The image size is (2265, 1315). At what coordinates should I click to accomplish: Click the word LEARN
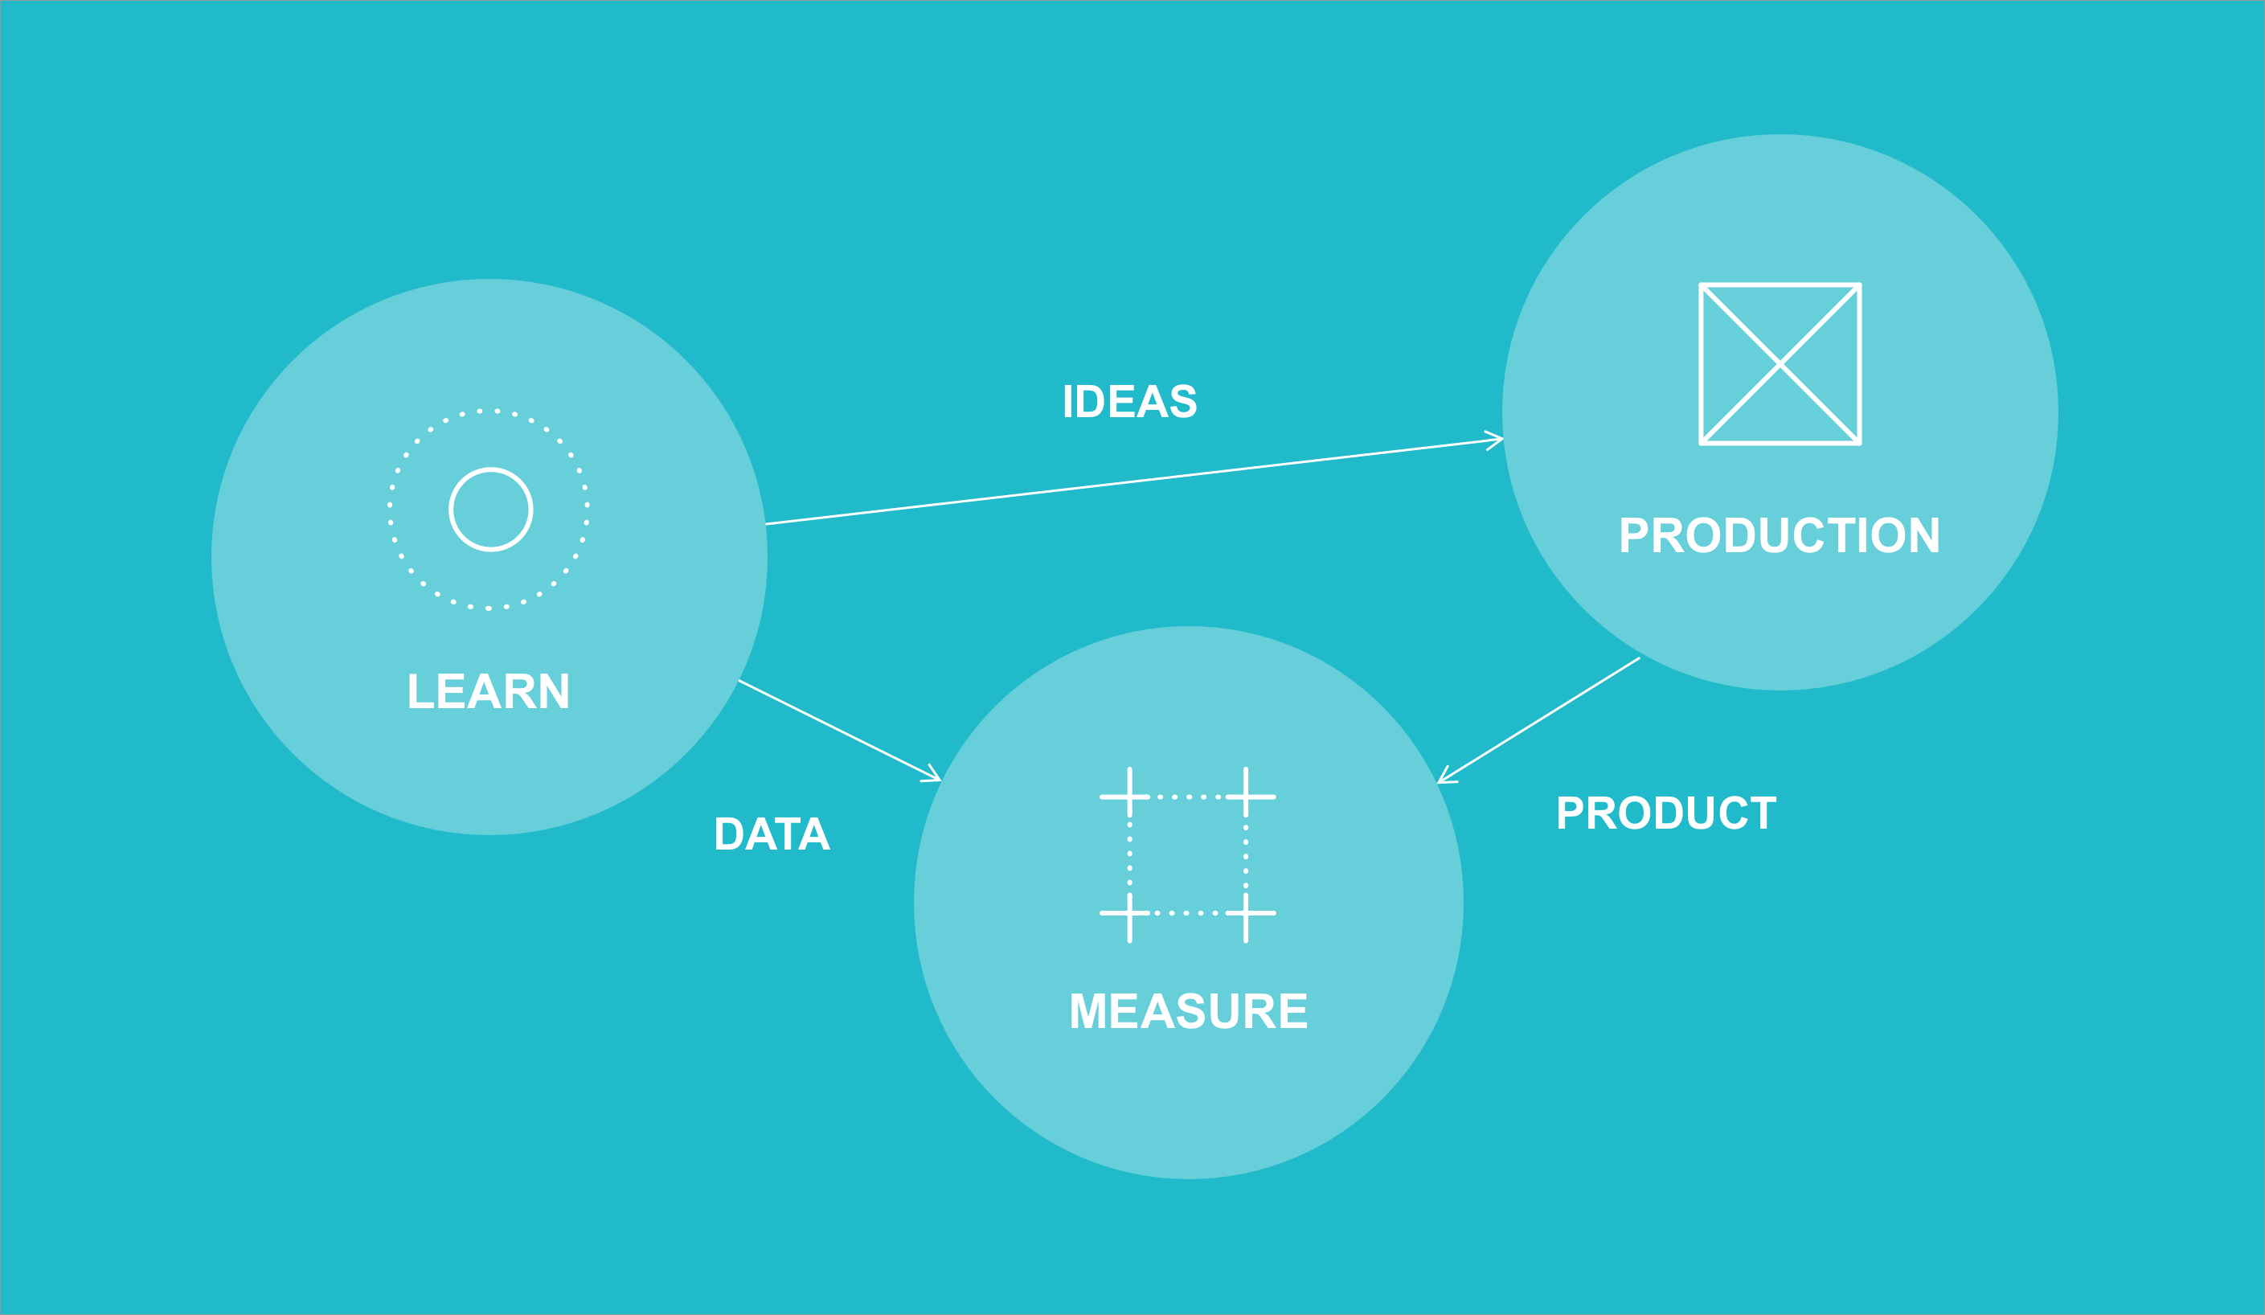pyautogui.click(x=489, y=691)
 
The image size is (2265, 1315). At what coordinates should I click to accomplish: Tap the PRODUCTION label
pyautogui.click(x=1780, y=535)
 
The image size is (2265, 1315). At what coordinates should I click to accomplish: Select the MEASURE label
pyautogui.click(x=1188, y=1011)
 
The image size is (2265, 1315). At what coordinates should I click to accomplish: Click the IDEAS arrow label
pyautogui.click(x=1130, y=401)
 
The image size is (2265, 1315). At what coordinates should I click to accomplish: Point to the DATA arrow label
pyautogui.click(x=772, y=834)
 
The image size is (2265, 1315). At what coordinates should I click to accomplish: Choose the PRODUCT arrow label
pyautogui.click(x=1666, y=813)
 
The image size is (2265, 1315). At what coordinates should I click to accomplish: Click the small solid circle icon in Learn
pyautogui.click(x=491, y=510)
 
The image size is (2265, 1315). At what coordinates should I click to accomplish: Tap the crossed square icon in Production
pyautogui.click(x=1780, y=364)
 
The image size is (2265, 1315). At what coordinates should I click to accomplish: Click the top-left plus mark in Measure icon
pyautogui.click(x=1130, y=797)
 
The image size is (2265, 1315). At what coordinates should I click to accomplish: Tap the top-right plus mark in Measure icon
pyautogui.click(x=1246, y=797)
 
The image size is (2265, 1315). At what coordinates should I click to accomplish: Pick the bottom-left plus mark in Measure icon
pyautogui.click(x=1130, y=913)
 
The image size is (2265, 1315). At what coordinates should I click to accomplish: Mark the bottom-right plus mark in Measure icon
pyautogui.click(x=1246, y=913)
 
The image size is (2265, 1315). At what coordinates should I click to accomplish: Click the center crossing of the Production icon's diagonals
pyautogui.click(x=1780, y=364)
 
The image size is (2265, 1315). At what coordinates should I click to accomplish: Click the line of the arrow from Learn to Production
pyautogui.click(x=1134, y=481)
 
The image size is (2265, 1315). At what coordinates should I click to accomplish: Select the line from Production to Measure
pyautogui.click(x=1538, y=720)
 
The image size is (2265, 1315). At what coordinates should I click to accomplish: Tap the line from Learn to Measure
pyautogui.click(x=839, y=730)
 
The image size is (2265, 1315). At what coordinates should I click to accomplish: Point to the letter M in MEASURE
pyautogui.click(x=1087, y=1011)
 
